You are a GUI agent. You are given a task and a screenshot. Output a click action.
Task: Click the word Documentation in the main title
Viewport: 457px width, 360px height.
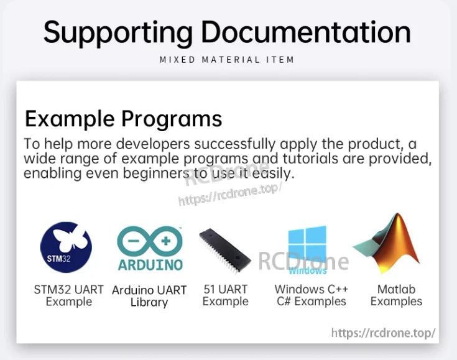pos(306,32)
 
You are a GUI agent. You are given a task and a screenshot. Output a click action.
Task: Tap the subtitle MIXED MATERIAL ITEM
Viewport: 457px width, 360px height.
pos(227,60)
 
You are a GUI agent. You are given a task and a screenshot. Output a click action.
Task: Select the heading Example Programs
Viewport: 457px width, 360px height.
pos(123,118)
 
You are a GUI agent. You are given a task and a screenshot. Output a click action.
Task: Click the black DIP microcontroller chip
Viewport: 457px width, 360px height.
pos(225,252)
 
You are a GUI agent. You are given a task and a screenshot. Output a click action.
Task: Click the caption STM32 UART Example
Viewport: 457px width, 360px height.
pos(68,295)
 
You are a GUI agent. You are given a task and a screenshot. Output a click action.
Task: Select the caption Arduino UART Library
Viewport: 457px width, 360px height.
pos(149,296)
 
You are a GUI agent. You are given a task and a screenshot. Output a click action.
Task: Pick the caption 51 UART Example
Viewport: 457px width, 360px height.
pos(225,295)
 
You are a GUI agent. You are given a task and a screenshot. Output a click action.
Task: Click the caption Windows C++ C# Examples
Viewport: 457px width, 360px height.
pos(311,295)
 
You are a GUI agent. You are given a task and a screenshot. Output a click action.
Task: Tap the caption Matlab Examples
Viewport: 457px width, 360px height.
pos(396,295)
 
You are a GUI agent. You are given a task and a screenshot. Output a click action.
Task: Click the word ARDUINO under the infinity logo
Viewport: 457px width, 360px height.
pos(150,265)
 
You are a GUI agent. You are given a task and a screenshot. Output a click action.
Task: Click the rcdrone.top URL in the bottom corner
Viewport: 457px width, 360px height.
pos(383,333)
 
